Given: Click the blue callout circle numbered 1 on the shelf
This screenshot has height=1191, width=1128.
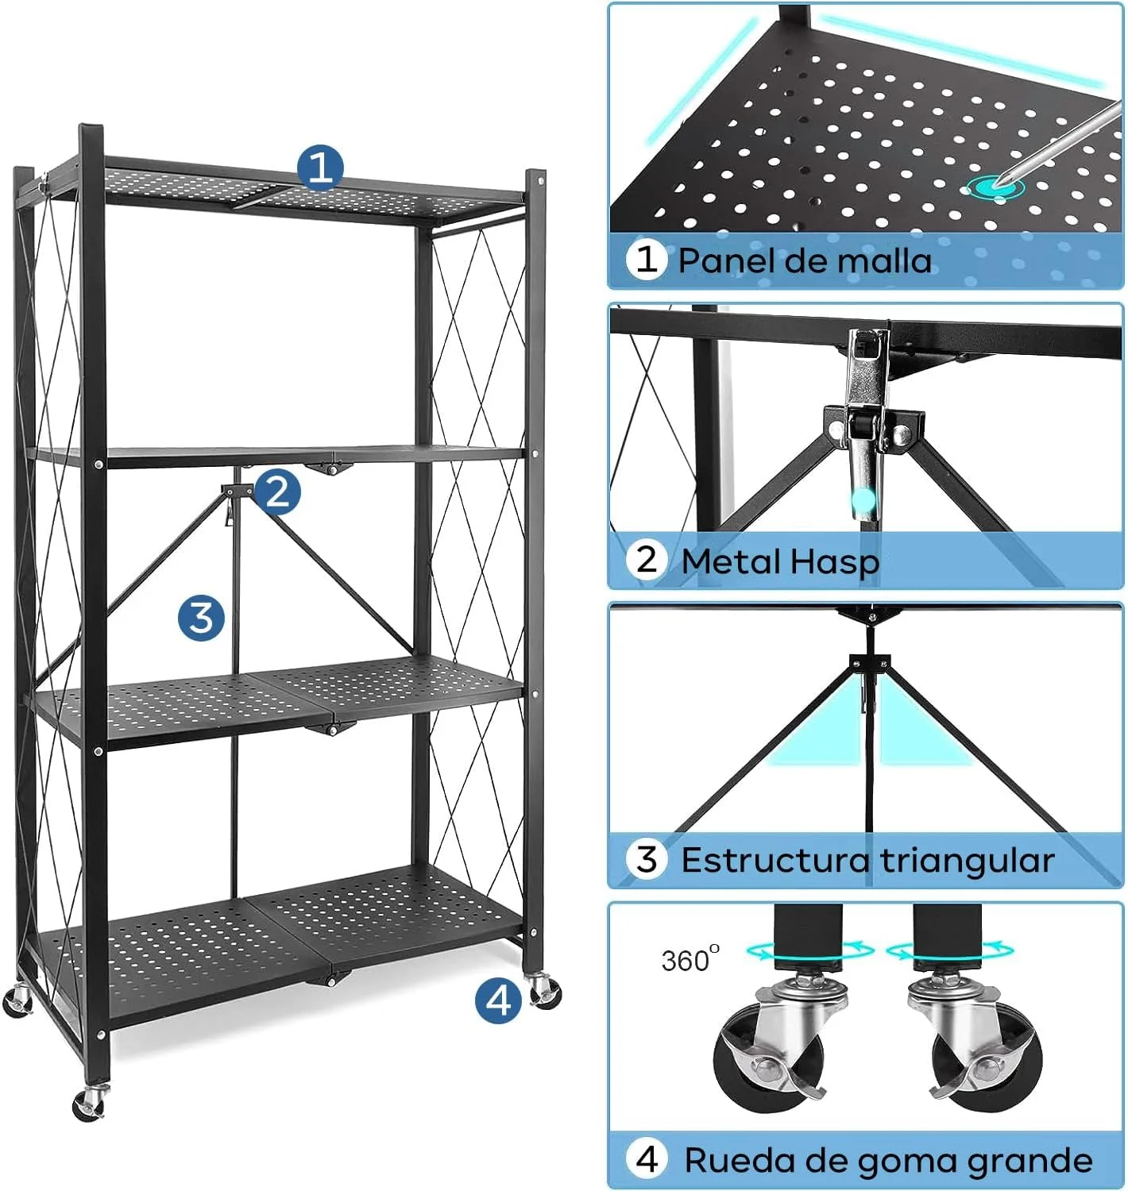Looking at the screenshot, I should pos(320,168).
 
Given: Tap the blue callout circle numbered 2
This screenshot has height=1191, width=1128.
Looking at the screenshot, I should pos(278,492).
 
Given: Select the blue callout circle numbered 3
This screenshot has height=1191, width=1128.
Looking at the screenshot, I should pos(202,617).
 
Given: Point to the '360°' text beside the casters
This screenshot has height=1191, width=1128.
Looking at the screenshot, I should pos(690,959).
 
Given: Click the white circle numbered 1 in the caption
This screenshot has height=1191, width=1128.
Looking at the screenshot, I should pos(647,259).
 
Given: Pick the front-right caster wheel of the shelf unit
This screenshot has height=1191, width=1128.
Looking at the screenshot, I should pos(545,992).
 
